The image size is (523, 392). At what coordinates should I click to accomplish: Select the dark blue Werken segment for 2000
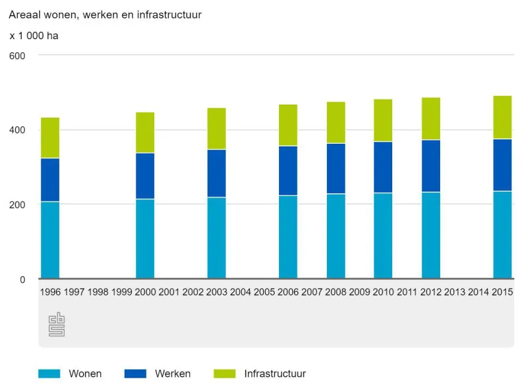point(145,176)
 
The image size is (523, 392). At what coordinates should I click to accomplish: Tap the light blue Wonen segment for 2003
point(216,237)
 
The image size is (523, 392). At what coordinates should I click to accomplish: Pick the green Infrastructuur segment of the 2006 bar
point(288,125)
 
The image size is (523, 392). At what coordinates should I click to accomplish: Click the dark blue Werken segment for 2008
point(336,168)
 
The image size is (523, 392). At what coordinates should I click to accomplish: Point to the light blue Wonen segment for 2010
point(383,235)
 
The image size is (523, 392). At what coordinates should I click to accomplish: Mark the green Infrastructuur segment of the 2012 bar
point(431,119)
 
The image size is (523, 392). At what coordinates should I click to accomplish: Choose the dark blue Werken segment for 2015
point(502,165)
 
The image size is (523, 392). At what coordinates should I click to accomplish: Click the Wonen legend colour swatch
point(48,373)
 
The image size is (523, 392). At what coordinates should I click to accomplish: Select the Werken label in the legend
point(173,373)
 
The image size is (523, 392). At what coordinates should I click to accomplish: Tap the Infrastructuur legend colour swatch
point(224,373)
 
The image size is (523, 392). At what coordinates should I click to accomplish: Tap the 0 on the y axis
point(22,280)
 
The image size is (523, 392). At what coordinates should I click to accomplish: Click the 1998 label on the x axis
point(98,292)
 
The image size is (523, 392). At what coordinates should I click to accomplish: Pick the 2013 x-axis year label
point(455,292)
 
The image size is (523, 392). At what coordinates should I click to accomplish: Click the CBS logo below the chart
point(57,324)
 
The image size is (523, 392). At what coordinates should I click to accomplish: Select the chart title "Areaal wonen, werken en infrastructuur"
point(105,15)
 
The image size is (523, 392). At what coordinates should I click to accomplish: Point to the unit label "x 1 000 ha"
point(34,36)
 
